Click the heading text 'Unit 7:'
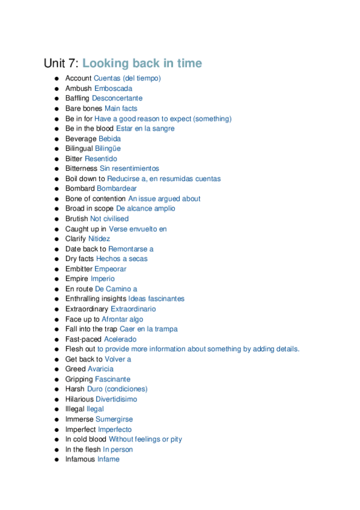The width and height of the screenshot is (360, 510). tap(61, 63)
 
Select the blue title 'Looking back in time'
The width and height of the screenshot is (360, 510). tap(142, 63)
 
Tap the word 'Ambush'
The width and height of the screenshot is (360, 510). tap(79, 88)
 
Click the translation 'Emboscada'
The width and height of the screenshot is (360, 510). tap(114, 88)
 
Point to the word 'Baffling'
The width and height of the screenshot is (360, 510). tap(78, 98)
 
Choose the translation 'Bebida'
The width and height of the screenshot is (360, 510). tap(109, 138)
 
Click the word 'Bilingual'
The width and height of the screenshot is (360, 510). tap(79, 149)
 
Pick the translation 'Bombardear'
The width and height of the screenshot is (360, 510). tap(117, 188)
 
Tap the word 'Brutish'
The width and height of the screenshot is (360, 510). tap(77, 219)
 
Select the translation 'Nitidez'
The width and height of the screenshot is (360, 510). tap(99, 239)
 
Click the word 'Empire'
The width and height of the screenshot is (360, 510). tap(77, 279)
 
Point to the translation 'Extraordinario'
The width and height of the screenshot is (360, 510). tap(133, 309)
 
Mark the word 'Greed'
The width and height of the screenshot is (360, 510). tap(76, 369)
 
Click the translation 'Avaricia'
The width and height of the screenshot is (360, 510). tap(100, 369)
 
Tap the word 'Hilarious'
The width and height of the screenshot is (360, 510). tap(79, 399)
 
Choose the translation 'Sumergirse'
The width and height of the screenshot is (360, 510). tap(114, 419)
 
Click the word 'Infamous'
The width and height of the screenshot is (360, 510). tap(81, 459)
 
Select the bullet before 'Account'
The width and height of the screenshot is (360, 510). tap(56, 78)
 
